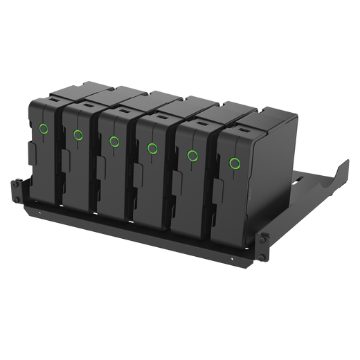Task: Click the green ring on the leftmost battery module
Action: [44, 128]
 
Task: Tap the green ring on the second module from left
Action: [78, 135]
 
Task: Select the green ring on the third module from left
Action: [114, 141]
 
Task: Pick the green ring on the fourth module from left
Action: [152, 147]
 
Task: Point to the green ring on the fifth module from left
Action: [192, 156]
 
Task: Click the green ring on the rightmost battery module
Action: [235, 164]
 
